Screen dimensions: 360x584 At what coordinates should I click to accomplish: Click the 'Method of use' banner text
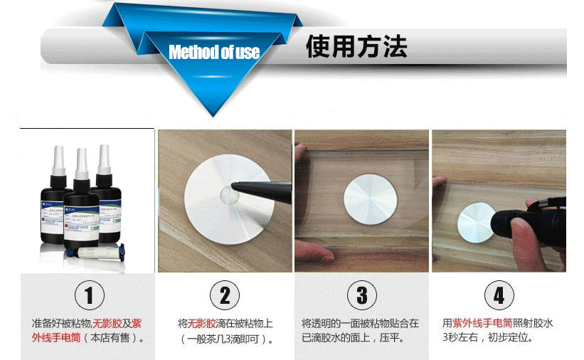coord(214,52)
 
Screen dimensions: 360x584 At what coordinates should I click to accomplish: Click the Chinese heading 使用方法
coord(356,47)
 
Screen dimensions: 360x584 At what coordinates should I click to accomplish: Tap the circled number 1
coord(89,295)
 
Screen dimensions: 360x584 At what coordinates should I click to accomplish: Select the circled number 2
coord(225,295)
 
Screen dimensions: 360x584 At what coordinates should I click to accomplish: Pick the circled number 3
coord(361,295)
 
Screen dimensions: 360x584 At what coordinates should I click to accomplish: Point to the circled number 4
coord(499,295)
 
